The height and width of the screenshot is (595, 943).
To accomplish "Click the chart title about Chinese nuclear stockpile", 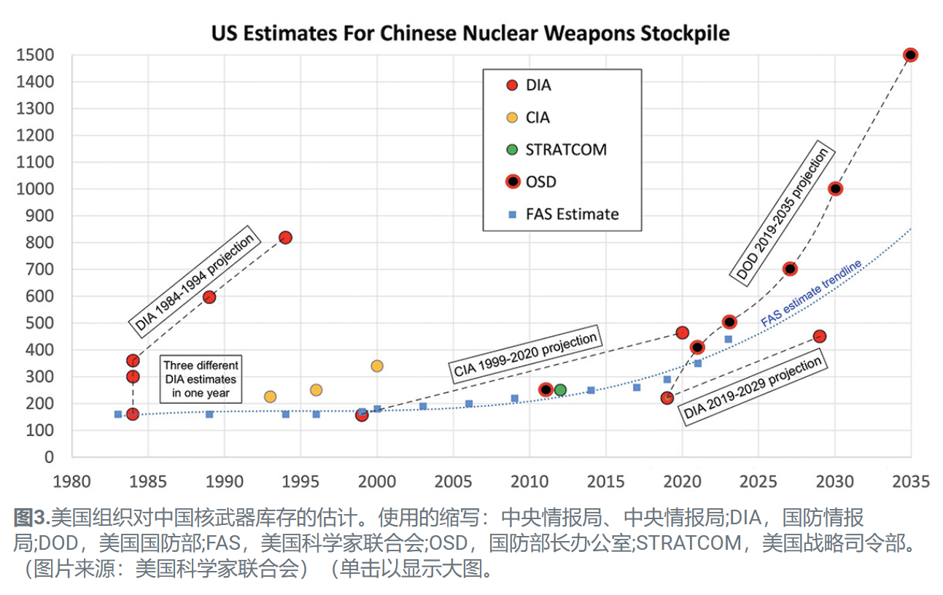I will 470,34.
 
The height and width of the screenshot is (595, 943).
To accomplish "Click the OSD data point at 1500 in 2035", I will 910,55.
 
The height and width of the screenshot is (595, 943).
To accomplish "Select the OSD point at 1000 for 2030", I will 835,189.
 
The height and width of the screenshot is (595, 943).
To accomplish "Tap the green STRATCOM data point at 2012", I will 560,389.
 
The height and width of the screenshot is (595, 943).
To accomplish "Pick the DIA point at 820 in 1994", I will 286,237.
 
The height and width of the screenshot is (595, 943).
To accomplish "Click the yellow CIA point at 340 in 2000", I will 377,366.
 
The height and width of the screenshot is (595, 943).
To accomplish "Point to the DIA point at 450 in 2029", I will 819,336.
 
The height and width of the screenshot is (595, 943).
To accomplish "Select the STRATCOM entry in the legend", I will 566,150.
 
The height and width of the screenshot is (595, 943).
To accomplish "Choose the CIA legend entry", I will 538,117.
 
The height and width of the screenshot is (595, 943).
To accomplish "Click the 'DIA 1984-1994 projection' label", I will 195,281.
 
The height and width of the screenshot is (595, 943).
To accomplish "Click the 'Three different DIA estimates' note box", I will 201,379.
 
